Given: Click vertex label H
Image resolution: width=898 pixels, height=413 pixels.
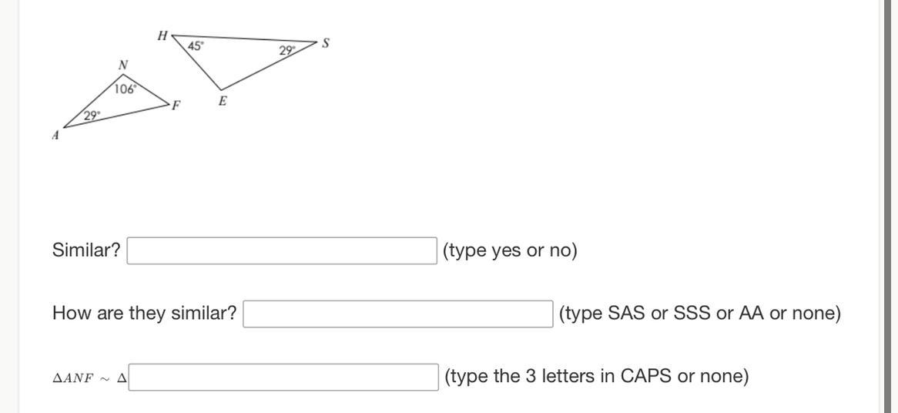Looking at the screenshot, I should click(x=162, y=35).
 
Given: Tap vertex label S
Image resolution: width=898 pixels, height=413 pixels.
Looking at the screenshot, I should click(x=326, y=44).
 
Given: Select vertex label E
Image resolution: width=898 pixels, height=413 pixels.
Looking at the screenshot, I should click(x=223, y=101).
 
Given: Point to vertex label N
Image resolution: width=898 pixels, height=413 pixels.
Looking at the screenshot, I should click(x=122, y=65).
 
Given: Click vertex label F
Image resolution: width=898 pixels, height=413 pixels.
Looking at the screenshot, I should click(x=176, y=106).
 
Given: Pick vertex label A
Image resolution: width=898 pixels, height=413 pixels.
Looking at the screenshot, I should click(x=55, y=136).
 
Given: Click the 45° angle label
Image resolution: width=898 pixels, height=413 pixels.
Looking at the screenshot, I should click(x=196, y=46).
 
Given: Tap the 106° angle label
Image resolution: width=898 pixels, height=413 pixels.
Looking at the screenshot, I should click(x=125, y=89).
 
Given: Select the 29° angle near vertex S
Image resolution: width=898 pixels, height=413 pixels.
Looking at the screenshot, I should click(x=287, y=51).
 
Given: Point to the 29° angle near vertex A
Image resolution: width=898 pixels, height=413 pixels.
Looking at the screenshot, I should click(x=92, y=116).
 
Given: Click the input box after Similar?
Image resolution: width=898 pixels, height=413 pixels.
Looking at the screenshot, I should click(x=282, y=250).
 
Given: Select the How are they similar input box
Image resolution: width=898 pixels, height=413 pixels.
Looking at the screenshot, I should click(x=397, y=314).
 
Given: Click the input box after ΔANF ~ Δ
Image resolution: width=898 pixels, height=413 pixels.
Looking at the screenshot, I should click(x=283, y=377).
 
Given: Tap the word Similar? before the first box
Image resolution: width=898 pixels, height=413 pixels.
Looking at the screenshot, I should click(x=86, y=250).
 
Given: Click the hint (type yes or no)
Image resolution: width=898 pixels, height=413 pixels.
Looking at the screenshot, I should click(x=510, y=250).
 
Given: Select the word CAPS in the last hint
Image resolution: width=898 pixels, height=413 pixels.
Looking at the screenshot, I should click(x=646, y=376).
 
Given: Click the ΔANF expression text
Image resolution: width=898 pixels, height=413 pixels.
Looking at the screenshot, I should click(x=73, y=378).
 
